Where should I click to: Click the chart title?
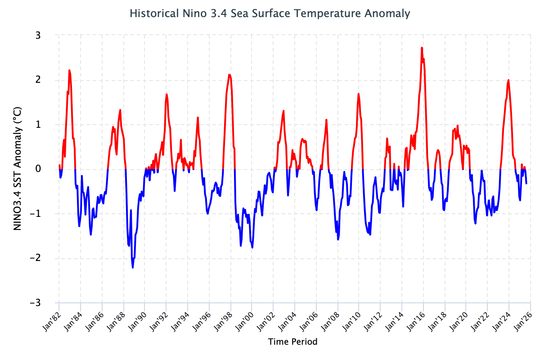[270, 13]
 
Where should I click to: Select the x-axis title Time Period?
[292, 342]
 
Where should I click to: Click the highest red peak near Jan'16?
[422, 48]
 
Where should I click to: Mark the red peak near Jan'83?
[69, 71]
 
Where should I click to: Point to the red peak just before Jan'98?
[229, 75]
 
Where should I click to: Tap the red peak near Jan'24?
[508, 80]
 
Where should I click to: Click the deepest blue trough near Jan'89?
[133, 267]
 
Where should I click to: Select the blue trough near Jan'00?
[252, 247]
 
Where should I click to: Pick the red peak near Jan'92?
[166, 94]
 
